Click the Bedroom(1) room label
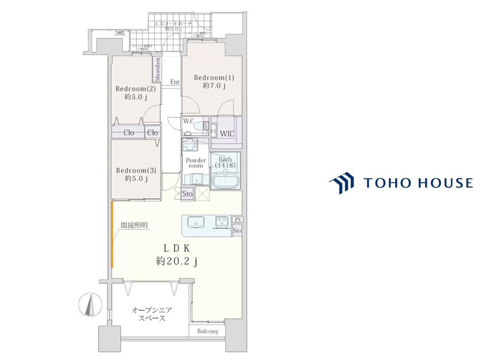[214, 78]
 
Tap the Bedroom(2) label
[135, 89]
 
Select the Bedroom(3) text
[136, 170]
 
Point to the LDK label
[177, 248]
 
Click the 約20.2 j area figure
[177, 261]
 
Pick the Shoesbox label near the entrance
[157, 70]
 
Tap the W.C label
[188, 121]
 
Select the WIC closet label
[227, 133]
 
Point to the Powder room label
[196, 163]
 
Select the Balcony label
[208, 331]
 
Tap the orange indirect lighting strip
[112, 234]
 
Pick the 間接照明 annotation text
[134, 225]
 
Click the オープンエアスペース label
[151, 314]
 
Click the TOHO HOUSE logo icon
[342, 183]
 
